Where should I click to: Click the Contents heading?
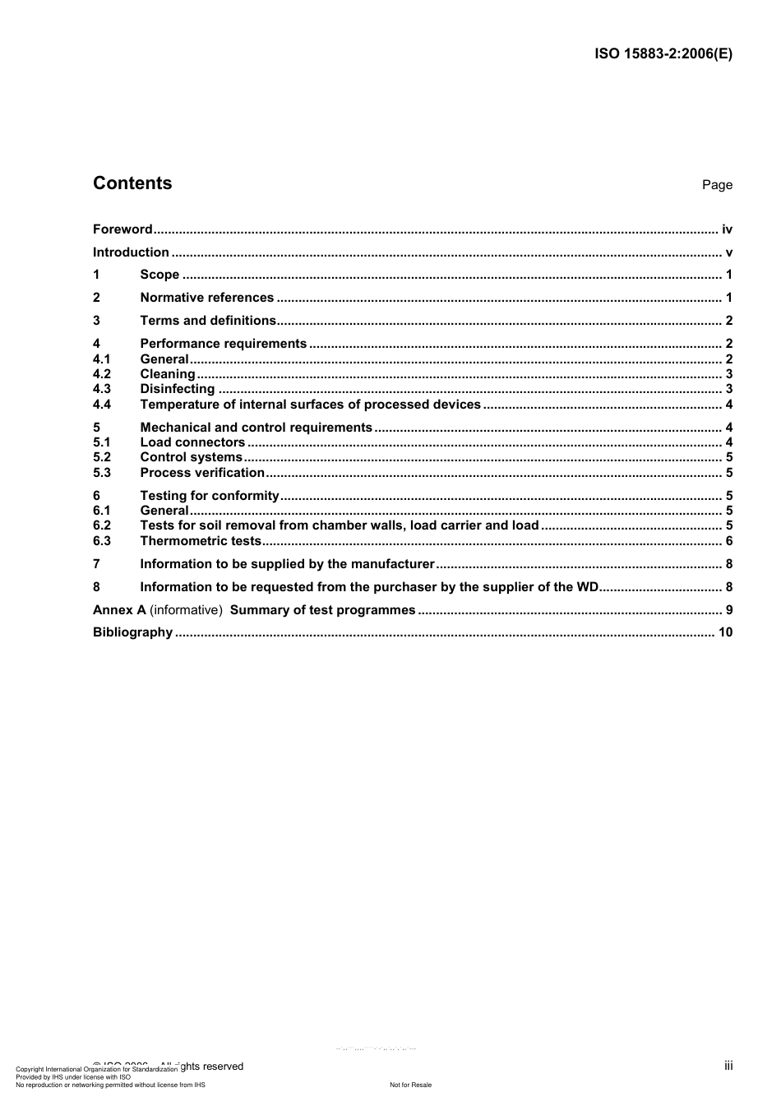(x=132, y=183)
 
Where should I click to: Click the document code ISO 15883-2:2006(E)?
(x=663, y=54)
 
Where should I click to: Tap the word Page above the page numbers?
(x=717, y=185)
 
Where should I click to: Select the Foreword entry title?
(x=122, y=229)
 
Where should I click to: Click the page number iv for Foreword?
(x=727, y=229)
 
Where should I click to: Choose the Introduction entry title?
(x=131, y=252)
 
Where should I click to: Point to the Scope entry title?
(x=159, y=275)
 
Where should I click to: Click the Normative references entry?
(x=206, y=298)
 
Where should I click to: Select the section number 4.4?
(x=102, y=405)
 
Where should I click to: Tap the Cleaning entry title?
(x=168, y=374)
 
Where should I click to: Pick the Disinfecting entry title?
(x=177, y=389)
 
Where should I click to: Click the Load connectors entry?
(x=192, y=442)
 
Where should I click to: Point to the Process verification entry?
(x=202, y=473)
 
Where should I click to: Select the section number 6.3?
(x=102, y=541)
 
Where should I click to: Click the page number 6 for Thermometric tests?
(x=729, y=541)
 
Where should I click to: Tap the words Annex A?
(x=119, y=610)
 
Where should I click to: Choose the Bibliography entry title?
(x=132, y=632)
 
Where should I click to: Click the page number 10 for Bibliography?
(x=725, y=632)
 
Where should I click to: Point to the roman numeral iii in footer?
(x=728, y=1066)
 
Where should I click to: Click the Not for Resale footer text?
(x=410, y=1085)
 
